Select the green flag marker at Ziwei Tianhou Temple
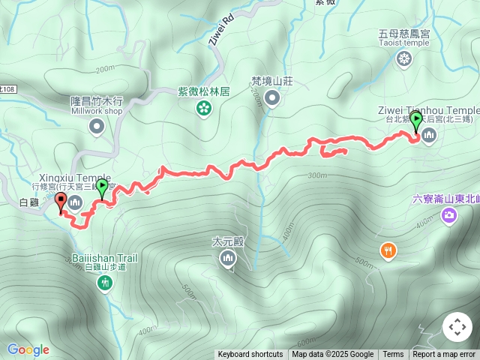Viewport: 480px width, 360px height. [415, 121]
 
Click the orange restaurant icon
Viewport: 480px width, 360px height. [388, 251]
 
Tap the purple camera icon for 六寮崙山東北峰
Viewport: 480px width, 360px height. [448, 217]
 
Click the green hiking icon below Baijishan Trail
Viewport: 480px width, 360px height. [104, 283]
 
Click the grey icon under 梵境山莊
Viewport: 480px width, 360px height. [271, 97]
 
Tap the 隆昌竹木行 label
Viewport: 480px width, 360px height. [96, 100]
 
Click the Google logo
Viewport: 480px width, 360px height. [28, 349]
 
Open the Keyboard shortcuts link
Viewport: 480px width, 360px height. [250, 355]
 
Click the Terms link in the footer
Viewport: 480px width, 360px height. [393, 355]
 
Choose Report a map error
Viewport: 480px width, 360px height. [444, 355]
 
